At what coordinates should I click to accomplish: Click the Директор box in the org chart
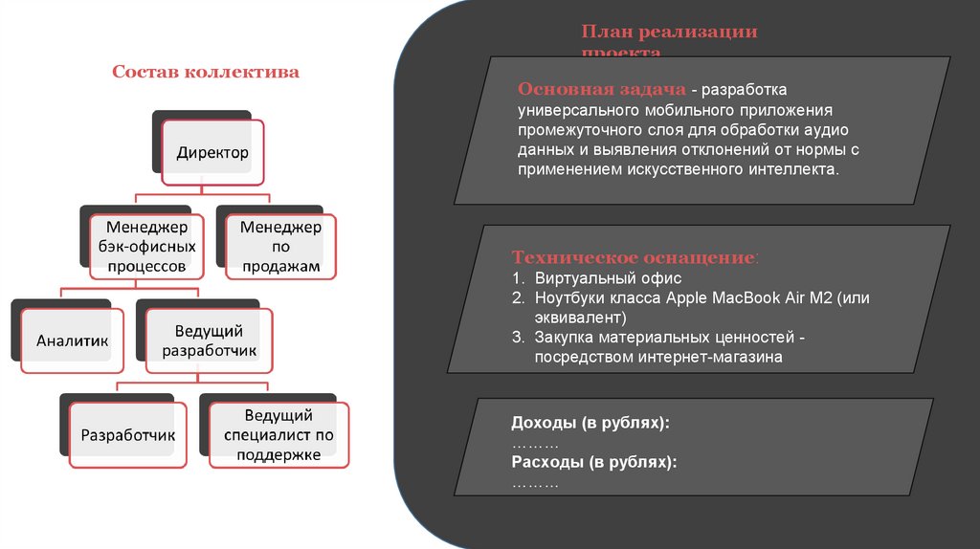coord(212,152)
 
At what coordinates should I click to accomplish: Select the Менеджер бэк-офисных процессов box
coord(145,247)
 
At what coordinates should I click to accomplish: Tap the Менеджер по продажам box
coord(280,247)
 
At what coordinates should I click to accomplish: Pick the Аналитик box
coord(73,340)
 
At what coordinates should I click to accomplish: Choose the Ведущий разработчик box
coord(209,340)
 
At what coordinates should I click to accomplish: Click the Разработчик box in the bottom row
coord(127,435)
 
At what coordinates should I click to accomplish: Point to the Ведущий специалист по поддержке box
coord(278,435)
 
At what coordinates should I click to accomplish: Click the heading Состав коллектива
coord(206,72)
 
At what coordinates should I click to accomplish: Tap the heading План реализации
coord(669,32)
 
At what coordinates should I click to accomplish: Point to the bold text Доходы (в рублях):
coord(590,423)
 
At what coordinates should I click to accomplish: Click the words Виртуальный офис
coord(594,278)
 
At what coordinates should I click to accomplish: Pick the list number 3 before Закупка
coord(517,337)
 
